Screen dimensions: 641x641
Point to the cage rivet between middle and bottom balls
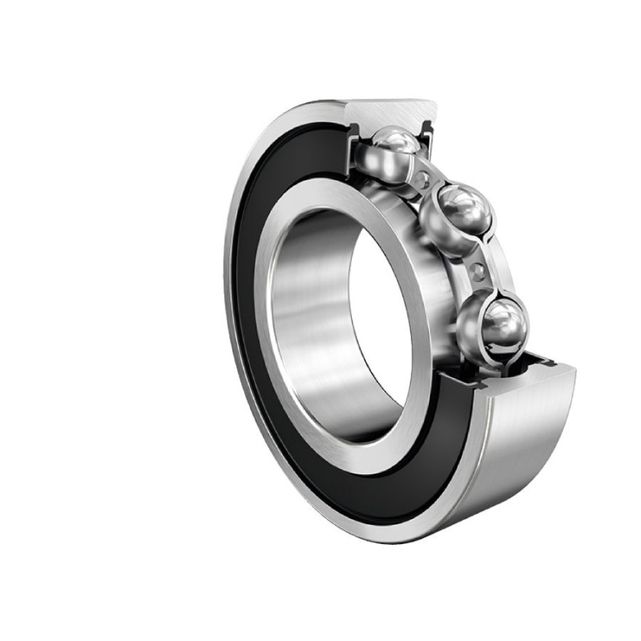click(x=479, y=270)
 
